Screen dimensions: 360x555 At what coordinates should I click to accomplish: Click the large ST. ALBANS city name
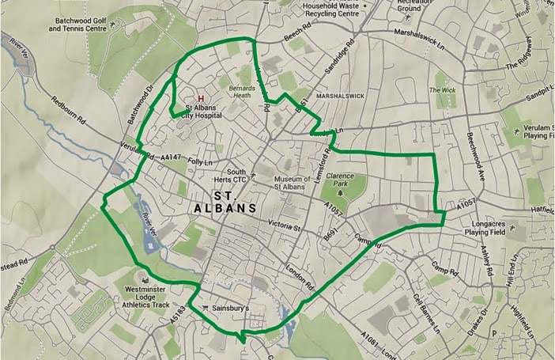(223, 201)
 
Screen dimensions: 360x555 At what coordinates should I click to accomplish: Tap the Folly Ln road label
(202, 161)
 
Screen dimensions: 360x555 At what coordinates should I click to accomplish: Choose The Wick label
(442, 91)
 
